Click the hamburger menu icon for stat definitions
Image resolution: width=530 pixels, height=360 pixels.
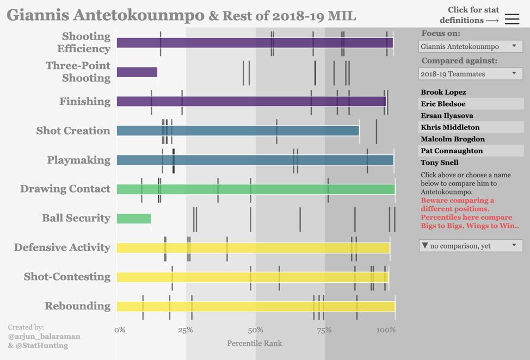[511, 19]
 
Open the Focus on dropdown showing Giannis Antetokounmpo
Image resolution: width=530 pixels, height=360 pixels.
[471, 47]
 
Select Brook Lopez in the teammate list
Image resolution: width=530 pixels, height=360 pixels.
[443, 92]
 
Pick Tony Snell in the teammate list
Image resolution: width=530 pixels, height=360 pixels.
[440, 163]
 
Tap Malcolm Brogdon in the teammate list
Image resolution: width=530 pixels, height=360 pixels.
[452, 139]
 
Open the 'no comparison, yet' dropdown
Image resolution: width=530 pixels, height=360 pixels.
[471, 246]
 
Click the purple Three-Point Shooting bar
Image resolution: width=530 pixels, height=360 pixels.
[137, 72]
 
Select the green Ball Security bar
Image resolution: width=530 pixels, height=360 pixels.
[133, 218]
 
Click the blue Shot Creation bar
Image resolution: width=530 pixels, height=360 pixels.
[237, 131]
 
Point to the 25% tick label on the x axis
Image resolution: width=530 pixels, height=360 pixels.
[185, 330]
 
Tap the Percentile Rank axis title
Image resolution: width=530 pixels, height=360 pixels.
[254, 343]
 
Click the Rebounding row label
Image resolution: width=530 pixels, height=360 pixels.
[77, 306]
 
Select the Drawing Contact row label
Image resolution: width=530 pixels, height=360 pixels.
[65, 189]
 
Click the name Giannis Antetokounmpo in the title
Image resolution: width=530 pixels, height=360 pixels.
[106, 15]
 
